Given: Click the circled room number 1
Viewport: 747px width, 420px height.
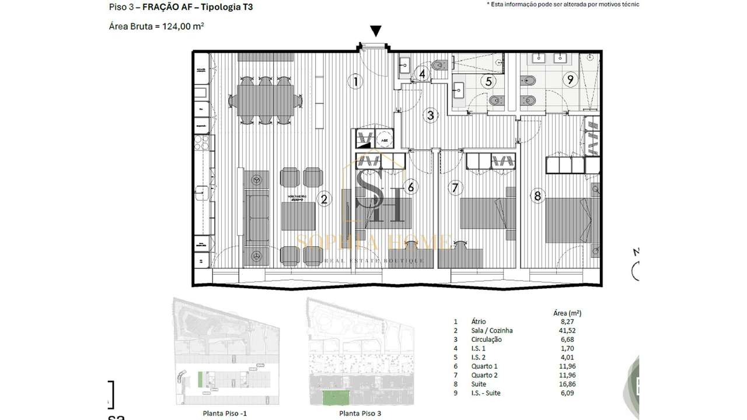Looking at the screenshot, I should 355,81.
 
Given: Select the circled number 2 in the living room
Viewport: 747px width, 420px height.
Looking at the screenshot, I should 324,199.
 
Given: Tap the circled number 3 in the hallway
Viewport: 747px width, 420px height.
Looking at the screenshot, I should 430,115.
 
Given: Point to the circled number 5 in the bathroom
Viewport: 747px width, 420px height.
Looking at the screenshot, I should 488,82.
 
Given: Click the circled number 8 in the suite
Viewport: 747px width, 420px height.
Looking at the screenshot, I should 537,196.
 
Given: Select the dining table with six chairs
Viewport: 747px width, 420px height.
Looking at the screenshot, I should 266,100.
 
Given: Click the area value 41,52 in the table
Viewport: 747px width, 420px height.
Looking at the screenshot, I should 570,330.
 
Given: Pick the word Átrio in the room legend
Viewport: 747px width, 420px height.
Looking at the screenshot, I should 479,321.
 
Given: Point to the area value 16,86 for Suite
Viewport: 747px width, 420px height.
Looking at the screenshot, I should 570,384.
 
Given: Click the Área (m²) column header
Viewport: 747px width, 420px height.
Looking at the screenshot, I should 566,313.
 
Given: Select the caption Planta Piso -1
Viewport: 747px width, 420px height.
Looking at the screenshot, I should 224,413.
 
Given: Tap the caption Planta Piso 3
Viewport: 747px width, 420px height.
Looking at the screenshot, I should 359,413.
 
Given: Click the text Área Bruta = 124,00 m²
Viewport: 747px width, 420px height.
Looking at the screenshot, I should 156,26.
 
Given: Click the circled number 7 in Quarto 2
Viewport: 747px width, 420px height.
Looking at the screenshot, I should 455,187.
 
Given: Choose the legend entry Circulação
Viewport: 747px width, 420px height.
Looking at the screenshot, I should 486,339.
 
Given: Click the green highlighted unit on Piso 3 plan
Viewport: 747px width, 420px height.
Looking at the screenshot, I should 336,398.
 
